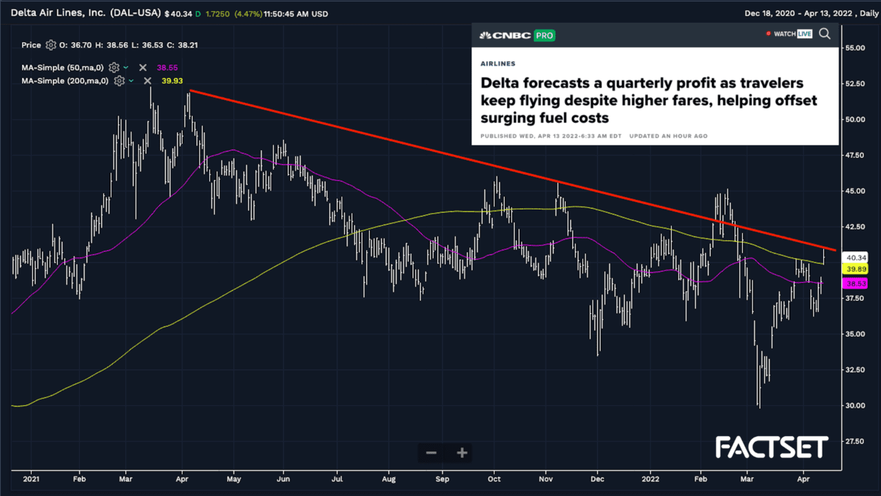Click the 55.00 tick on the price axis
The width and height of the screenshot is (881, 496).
855,48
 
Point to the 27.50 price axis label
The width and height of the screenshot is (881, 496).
855,442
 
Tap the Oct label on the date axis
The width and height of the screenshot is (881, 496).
493,477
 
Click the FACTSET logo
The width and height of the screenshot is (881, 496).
772,448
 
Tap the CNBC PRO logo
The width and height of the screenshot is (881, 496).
517,35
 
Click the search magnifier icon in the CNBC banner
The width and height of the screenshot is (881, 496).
825,34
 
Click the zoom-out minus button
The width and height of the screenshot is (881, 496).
432,453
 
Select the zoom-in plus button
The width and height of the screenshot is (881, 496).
463,453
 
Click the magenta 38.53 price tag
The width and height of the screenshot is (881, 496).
855,283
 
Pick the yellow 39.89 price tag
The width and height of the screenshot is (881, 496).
855,269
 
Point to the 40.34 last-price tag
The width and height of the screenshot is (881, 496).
855,257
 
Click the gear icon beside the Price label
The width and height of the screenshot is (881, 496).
50,45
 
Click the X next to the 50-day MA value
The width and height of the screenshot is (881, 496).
142,68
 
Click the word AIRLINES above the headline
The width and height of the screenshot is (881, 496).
498,63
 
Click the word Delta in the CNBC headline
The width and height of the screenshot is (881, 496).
501,83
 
